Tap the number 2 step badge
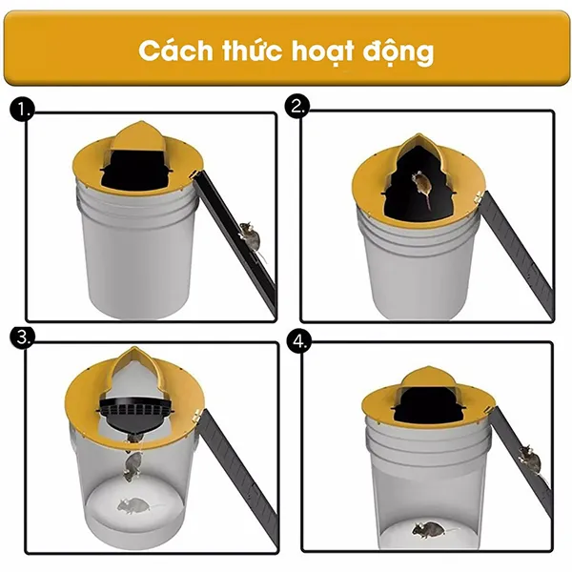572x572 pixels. (299, 108)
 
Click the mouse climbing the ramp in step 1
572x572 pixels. (249, 235)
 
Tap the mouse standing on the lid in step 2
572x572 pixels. (422, 187)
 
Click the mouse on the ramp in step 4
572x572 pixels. (527, 462)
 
